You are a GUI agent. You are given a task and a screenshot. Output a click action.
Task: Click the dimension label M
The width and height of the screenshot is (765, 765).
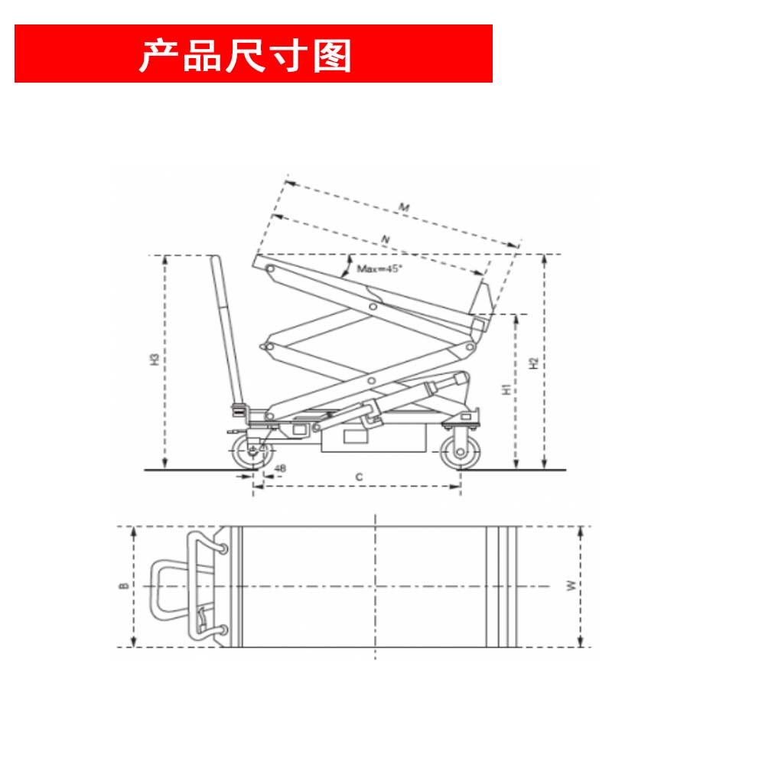click(x=404, y=207)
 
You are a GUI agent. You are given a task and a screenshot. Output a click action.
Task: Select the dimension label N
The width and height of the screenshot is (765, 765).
click(x=386, y=239)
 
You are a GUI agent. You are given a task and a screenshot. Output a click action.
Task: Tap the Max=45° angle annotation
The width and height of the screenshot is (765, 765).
click(x=379, y=269)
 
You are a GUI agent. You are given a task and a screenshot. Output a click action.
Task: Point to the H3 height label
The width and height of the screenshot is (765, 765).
click(x=155, y=360)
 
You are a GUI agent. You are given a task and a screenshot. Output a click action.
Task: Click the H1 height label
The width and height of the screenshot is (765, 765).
click(x=506, y=389)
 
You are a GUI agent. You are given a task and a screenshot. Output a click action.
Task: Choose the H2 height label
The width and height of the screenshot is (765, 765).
click(x=534, y=363)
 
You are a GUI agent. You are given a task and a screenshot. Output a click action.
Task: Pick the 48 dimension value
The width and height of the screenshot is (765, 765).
click(x=280, y=468)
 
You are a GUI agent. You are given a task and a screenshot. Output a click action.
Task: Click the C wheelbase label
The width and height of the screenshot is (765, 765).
click(x=359, y=477)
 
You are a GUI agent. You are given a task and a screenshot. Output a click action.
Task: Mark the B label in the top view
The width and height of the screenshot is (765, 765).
click(x=124, y=585)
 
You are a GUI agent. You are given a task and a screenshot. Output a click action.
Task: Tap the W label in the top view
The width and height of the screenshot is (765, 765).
click(x=571, y=585)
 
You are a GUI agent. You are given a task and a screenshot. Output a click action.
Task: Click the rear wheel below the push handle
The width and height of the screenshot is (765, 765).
click(x=252, y=452)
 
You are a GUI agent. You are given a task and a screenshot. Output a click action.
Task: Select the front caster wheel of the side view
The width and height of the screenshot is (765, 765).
click(x=460, y=452)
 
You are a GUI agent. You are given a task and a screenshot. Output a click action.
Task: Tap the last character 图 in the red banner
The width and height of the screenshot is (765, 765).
click(x=332, y=56)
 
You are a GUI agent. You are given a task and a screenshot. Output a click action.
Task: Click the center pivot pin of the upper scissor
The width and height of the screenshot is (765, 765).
click(x=373, y=307)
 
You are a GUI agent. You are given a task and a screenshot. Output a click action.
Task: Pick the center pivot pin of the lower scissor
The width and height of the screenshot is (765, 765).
click(x=372, y=380)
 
